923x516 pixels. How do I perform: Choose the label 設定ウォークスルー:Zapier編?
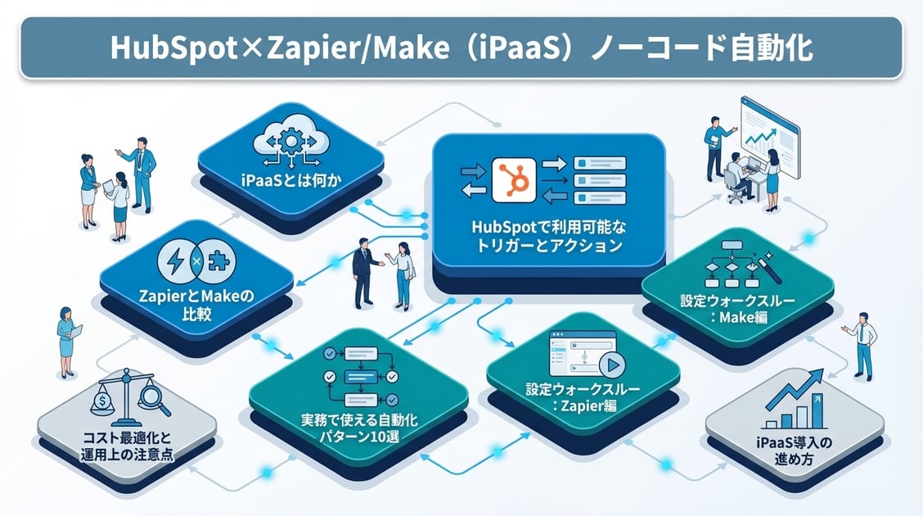583,398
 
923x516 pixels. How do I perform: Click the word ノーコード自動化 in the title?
721,47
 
